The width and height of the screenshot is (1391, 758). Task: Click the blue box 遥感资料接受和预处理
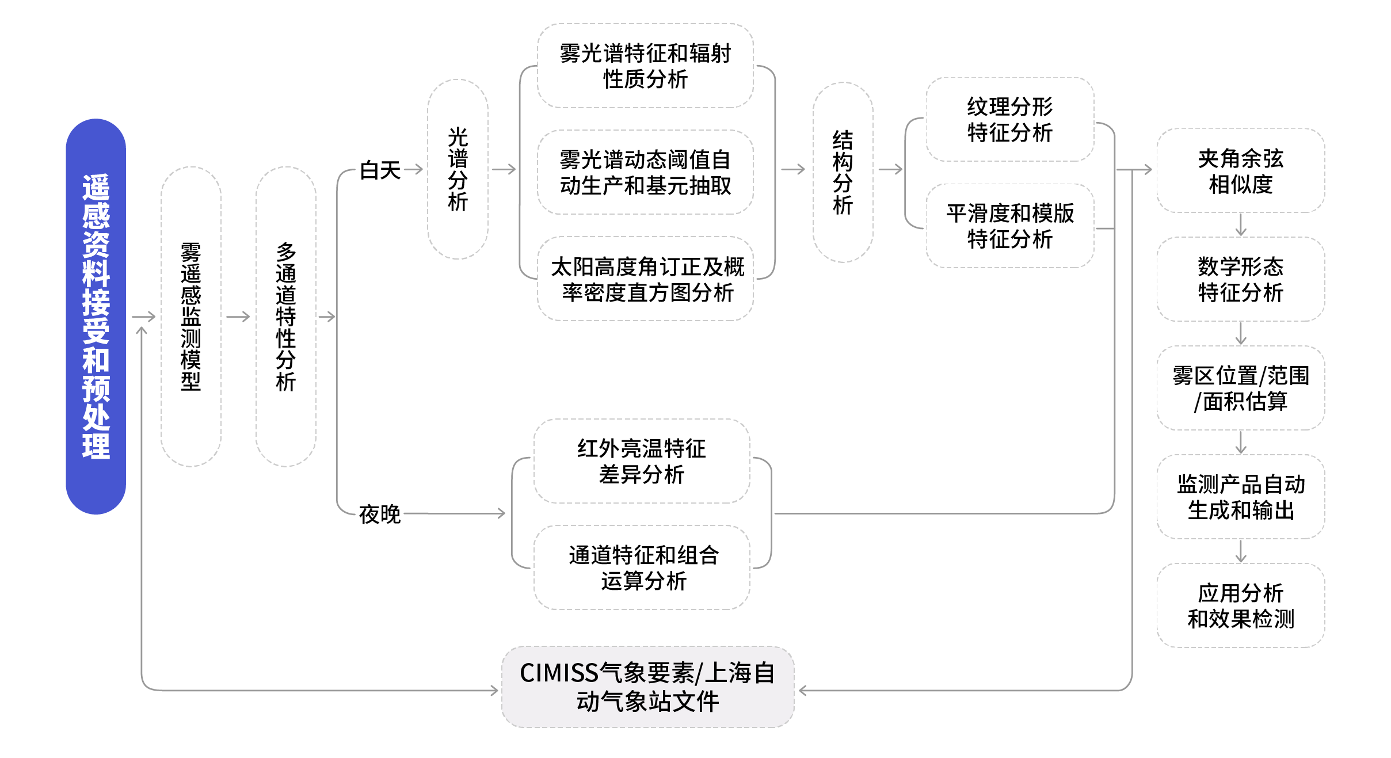pyautogui.click(x=96, y=316)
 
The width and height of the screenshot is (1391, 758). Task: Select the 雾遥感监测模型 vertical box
pyautogui.click(x=190, y=316)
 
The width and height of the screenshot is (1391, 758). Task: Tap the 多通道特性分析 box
pyautogui.click(x=285, y=316)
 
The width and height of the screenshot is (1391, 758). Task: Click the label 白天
pyautogui.click(x=380, y=170)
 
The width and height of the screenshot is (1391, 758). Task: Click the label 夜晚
pyautogui.click(x=379, y=513)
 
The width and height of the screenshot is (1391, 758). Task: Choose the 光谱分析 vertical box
pyautogui.click(x=458, y=169)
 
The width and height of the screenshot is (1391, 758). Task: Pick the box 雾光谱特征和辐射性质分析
pyautogui.click(x=645, y=66)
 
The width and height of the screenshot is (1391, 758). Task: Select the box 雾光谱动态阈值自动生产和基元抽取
pyautogui.click(x=645, y=172)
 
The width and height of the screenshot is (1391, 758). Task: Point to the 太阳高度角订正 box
pyautogui.click(x=645, y=279)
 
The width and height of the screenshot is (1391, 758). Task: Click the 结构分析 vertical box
pyautogui.click(x=843, y=172)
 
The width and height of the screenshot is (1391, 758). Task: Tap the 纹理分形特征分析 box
pyautogui.click(x=1009, y=119)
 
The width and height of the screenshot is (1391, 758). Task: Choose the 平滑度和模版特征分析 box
pyautogui.click(x=1009, y=226)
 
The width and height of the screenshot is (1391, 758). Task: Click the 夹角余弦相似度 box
pyautogui.click(x=1240, y=171)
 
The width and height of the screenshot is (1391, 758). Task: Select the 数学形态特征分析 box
pyautogui.click(x=1240, y=279)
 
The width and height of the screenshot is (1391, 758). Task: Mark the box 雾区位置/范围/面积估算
pyautogui.click(x=1240, y=388)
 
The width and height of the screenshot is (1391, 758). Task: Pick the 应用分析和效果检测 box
pyautogui.click(x=1240, y=605)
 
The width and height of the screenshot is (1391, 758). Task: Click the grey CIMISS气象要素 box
pyautogui.click(x=647, y=687)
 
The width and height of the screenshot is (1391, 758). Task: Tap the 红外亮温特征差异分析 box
pyautogui.click(x=641, y=461)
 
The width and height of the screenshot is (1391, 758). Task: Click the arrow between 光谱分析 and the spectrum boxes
pyautogui.click(x=504, y=169)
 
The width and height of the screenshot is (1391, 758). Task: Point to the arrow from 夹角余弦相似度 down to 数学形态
pyautogui.click(x=1241, y=224)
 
